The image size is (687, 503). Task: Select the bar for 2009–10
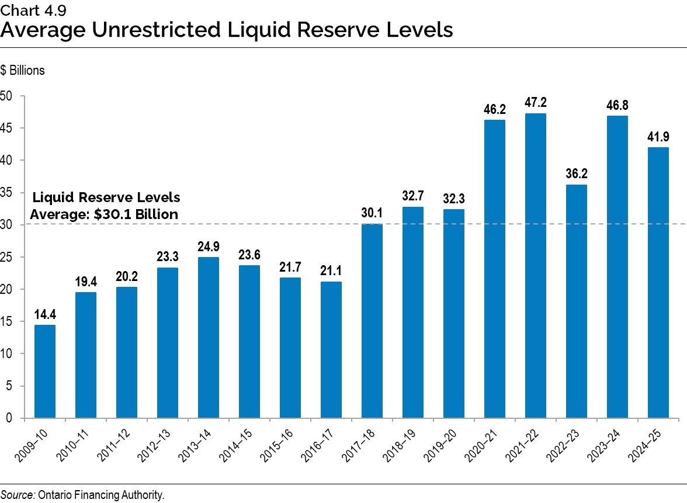coord(45,372)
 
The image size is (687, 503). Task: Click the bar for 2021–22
coord(535,266)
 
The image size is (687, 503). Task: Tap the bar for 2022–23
coord(576,301)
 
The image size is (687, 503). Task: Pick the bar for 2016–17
coord(331,350)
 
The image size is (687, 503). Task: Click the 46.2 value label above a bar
coord(494,109)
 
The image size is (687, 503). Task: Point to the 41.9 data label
coord(658,137)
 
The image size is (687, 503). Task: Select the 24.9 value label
coord(209,246)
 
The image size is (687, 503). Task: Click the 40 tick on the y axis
coord(7,160)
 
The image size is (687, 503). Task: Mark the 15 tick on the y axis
coord(7,321)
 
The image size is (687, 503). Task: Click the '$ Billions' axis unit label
coord(23,71)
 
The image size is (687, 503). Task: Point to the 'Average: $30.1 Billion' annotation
coord(104,214)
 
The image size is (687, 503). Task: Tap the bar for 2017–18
coord(372,321)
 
